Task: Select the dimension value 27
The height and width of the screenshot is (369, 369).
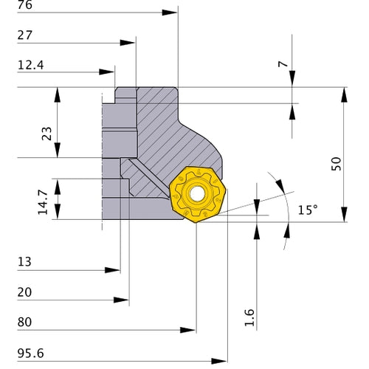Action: click(25, 36)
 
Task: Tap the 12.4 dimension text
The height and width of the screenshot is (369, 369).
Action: click(30, 66)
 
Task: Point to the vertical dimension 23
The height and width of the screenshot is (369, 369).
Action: click(46, 133)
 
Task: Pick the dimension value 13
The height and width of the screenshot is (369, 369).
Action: click(24, 263)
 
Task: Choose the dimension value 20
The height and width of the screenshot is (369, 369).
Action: click(24, 292)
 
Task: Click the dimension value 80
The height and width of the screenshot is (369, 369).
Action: click(24, 323)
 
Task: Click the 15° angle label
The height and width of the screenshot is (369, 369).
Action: click(308, 210)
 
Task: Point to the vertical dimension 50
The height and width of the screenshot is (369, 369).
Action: click(337, 163)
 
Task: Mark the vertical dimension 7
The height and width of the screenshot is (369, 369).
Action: click(281, 64)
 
